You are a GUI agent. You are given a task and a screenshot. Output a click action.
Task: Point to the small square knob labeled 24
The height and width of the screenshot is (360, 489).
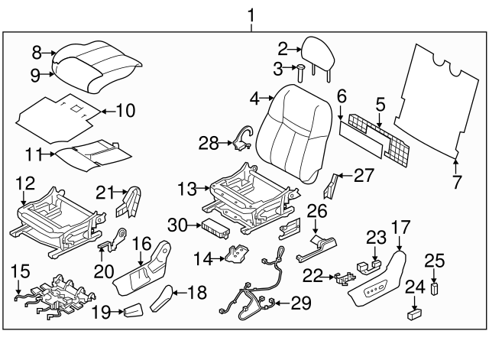(415, 313)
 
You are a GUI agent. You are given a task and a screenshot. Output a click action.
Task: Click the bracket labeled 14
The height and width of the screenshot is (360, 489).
(238, 255)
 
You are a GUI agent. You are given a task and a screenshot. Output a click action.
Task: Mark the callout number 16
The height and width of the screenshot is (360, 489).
(143, 243)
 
